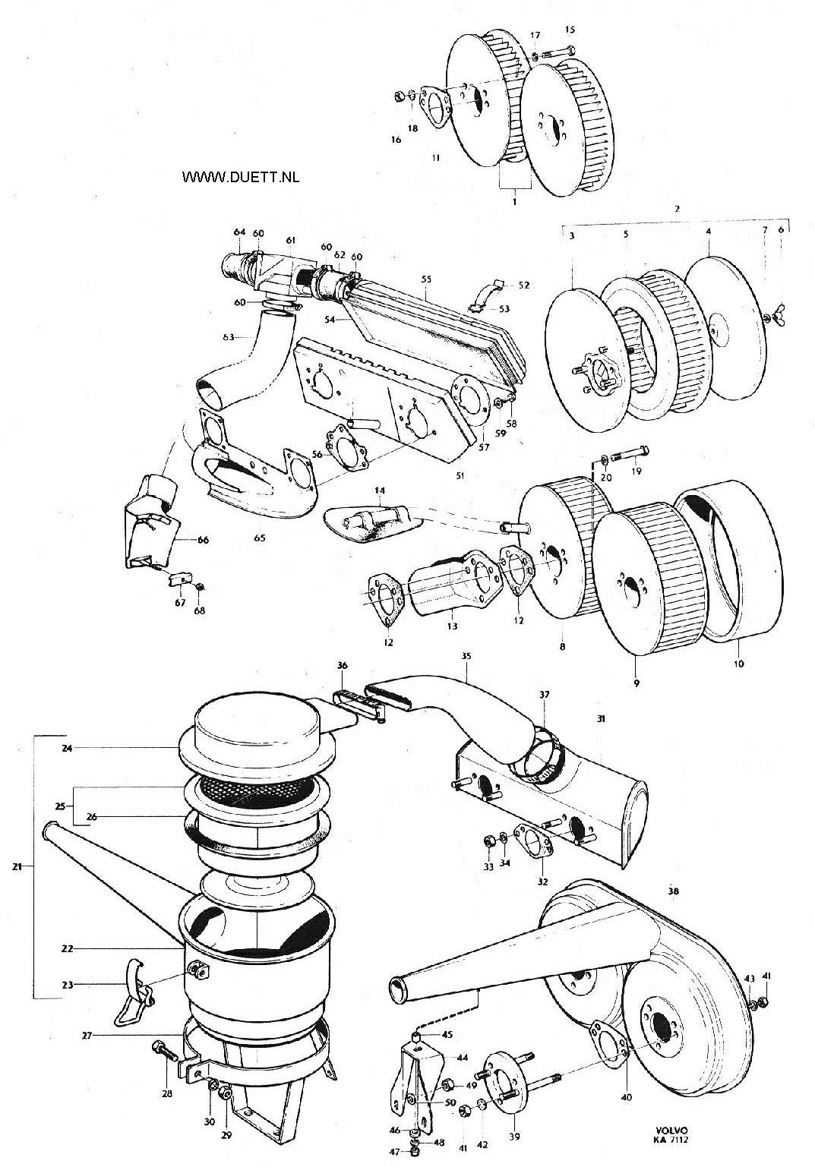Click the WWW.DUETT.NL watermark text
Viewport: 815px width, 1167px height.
241,177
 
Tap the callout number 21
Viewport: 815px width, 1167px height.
17,867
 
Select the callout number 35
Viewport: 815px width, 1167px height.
466,656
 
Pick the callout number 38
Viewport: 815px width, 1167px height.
673,891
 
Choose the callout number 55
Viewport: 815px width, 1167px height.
426,279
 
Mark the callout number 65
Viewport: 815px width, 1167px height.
259,538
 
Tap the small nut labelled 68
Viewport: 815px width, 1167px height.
200,587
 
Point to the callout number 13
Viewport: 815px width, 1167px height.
452,626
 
